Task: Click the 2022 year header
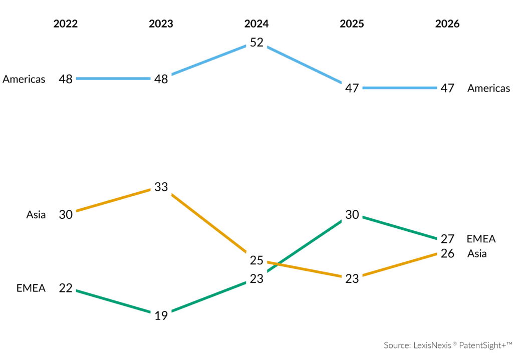pyautogui.click(x=66, y=24)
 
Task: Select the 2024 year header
pyautogui.click(x=256, y=24)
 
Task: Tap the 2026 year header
pyautogui.click(x=447, y=24)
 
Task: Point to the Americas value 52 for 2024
pyautogui.click(x=256, y=43)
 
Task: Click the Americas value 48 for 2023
pyautogui.click(x=161, y=79)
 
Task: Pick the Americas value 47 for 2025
pyautogui.click(x=352, y=88)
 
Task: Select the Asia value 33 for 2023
pyautogui.click(x=161, y=187)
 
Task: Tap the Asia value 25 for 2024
pyautogui.click(x=256, y=260)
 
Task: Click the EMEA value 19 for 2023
pyautogui.click(x=161, y=316)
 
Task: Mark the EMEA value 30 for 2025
pyautogui.click(x=352, y=214)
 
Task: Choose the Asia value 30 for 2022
pyautogui.click(x=66, y=214)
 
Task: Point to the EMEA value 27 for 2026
pyautogui.click(x=447, y=238)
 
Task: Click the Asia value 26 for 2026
pyautogui.click(x=447, y=253)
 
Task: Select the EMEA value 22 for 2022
pyautogui.click(x=66, y=288)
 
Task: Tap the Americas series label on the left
pyautogui.click(x=24, y=79)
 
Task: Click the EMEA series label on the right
pyautogui.click(x=481, y=238)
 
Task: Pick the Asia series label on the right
pyautogui.click(x=477, y=253)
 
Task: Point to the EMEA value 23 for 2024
pyautogui.click(x=256, y=279)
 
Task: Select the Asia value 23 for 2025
pyautogui.click(x=352, y=279)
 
